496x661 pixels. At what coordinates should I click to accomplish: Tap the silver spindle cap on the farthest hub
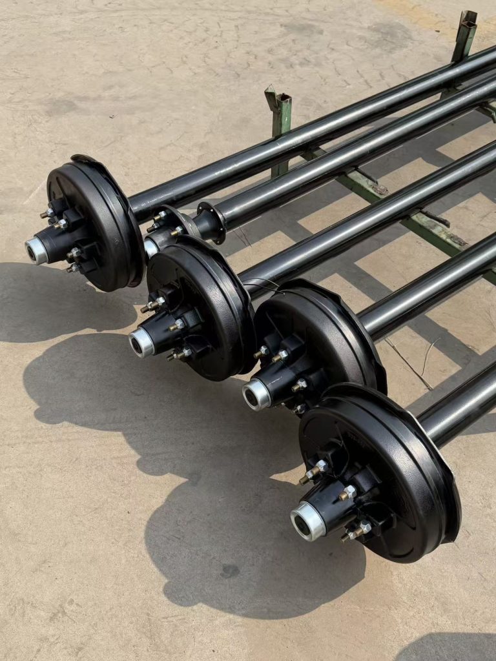36,250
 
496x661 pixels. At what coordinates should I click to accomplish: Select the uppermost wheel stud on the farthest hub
47,212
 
